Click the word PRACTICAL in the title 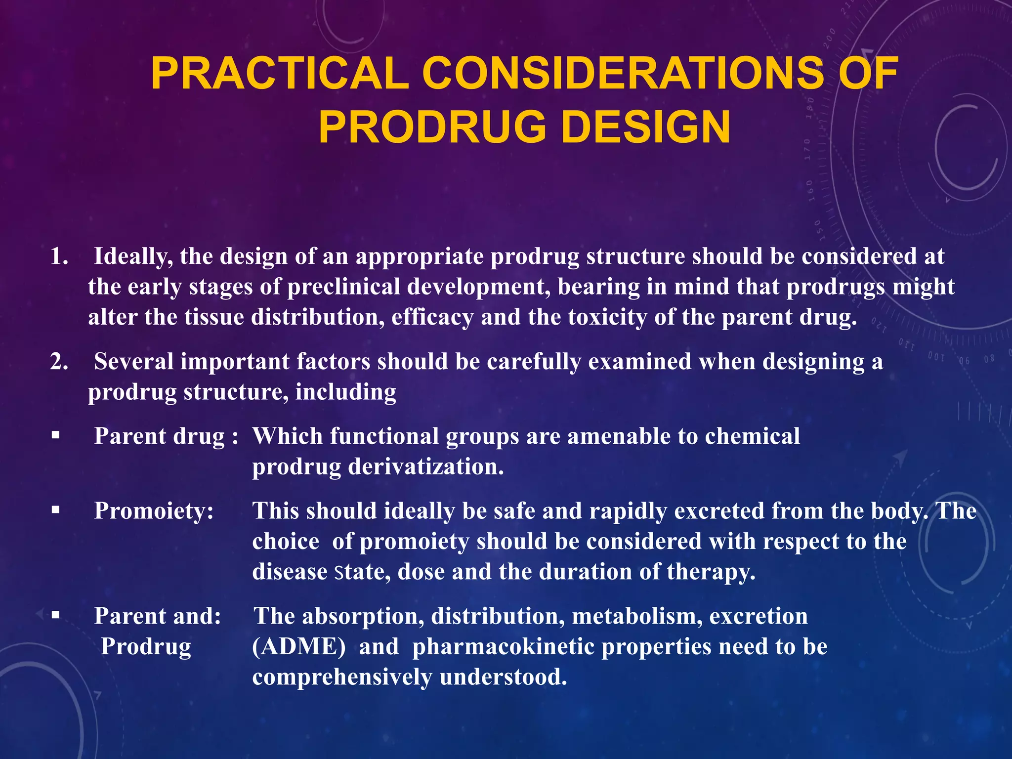tap(280, 74)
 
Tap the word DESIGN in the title tap(646, 127)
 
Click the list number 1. tap(59, 256)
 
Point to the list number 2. tap(59, 362)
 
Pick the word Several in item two tap(133, 362)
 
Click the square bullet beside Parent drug tap(55, 435)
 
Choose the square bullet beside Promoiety tap(55, 509)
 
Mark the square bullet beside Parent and tap(55, 615)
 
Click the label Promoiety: tap(154, 511)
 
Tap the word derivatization tap(425, 466)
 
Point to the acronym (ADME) tap(299, 647)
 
